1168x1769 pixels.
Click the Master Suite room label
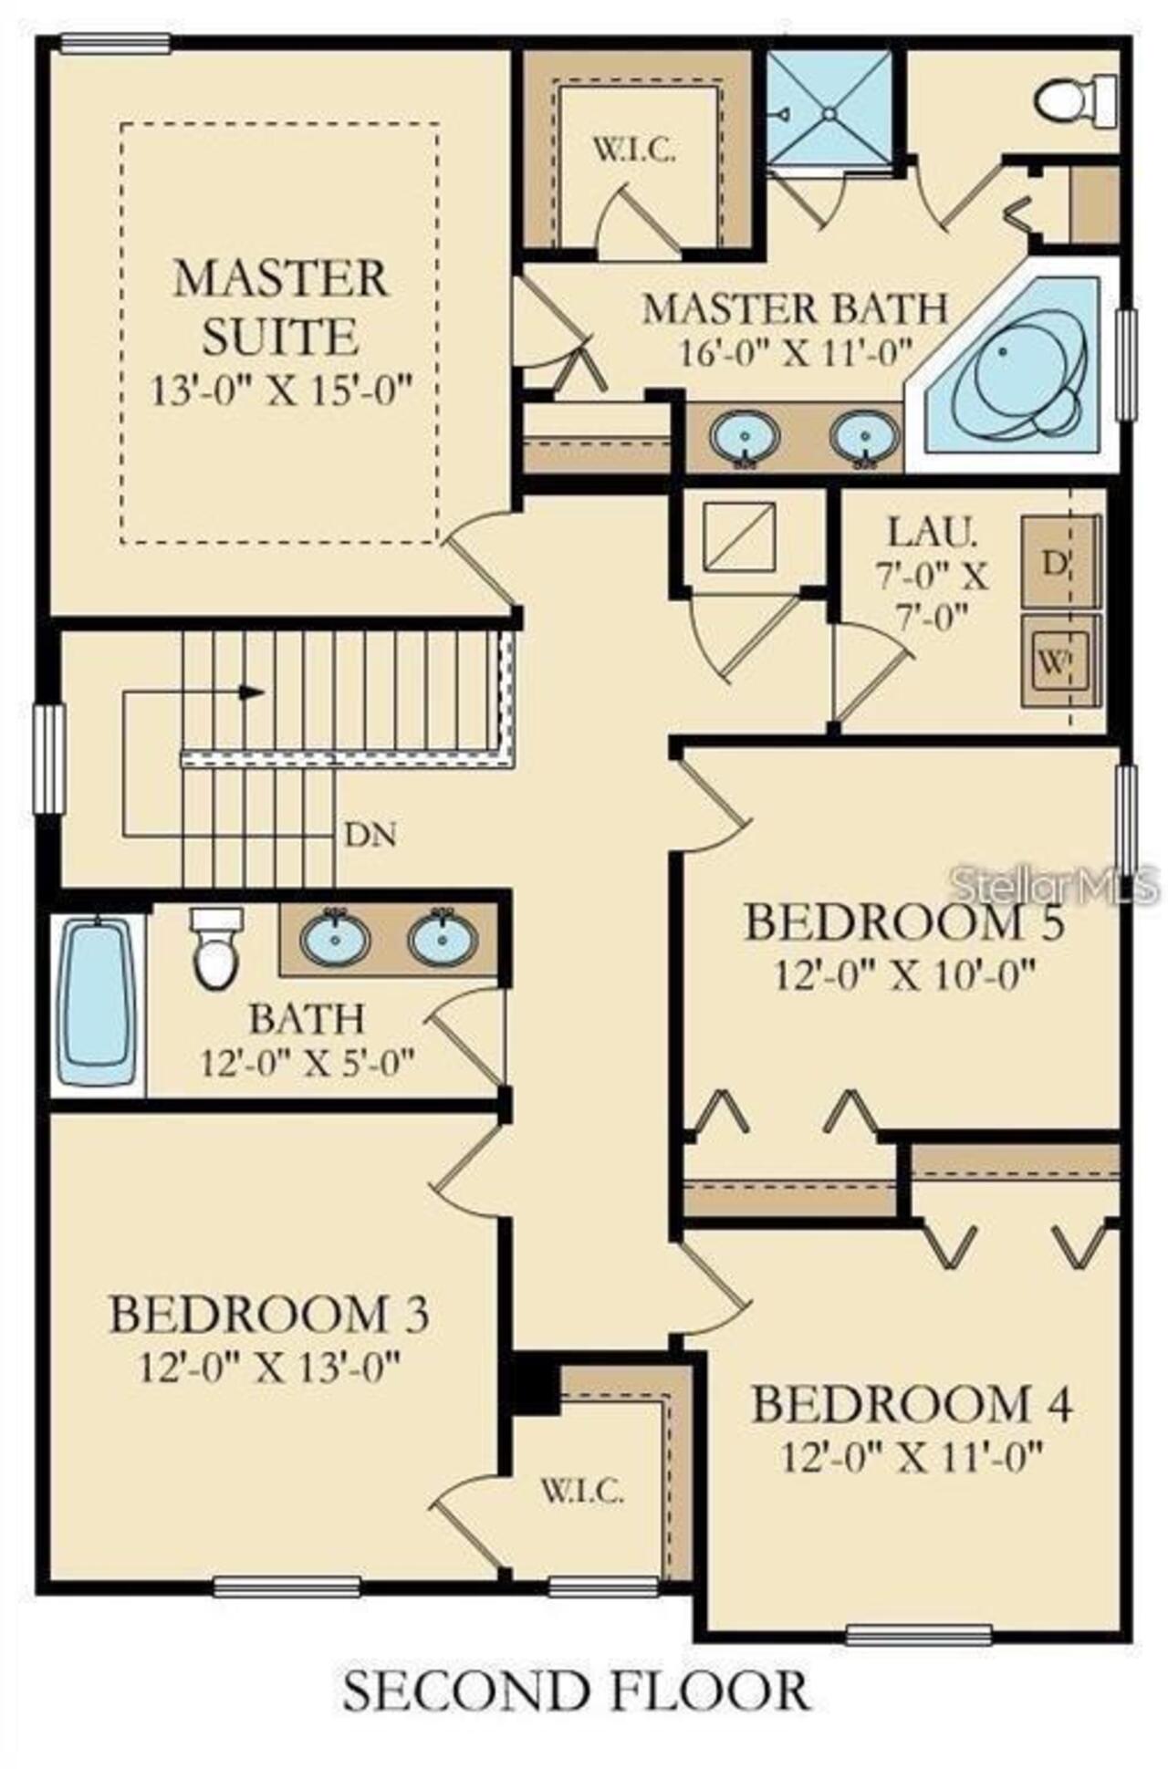click(x=279, y=307)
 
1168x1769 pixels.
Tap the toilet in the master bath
click(x=1076, y=101)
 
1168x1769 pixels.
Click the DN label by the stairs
click(x=370, y=834)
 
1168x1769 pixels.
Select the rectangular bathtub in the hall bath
click(x=96, y=1001)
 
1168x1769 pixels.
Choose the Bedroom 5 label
click(x=904, y=921)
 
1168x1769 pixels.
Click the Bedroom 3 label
click(x=269, y=1314)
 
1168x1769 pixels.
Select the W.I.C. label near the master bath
click(x=635, y=150)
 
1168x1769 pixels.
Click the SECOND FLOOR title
click(x=576, y=1691)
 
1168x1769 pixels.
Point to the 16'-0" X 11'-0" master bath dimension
click(x=796, y=351)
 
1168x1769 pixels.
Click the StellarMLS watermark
click(x=1054, y=884)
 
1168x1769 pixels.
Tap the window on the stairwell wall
click(x=49, y=757)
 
